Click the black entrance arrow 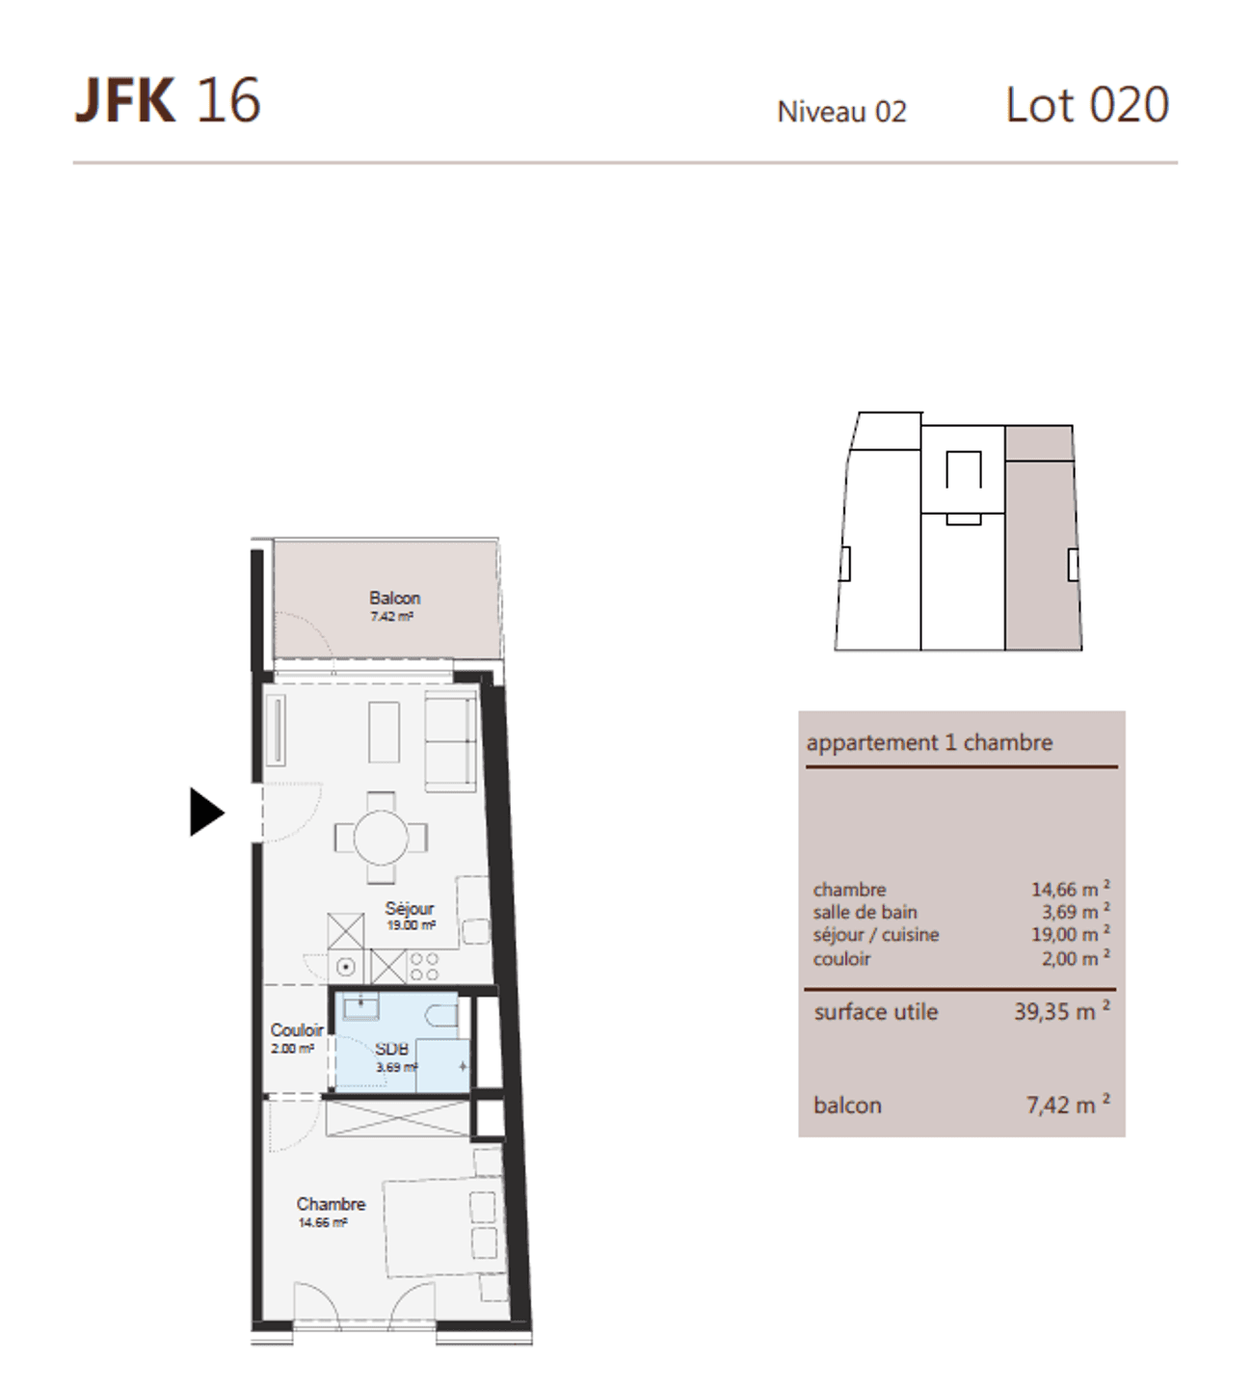click(206, 812)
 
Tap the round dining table click(381, 838)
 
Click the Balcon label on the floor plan click(394, 598)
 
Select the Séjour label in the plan click(410, 909)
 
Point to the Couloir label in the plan click(297, 1030)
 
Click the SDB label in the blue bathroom click(391, 1049)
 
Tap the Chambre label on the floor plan click(331, 1204)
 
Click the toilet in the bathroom click(442, 1016)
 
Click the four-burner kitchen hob click(423, 967)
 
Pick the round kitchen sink click(346, 967)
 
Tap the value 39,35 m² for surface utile click(1062, 1011)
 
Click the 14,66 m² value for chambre click(1071, 889)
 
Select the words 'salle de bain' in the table click(865, 912)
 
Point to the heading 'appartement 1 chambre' click(929, 743)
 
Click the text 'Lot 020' click(1087, 105)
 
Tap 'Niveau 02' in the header click(841, 112)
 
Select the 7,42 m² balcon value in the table click(1068, 1105)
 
